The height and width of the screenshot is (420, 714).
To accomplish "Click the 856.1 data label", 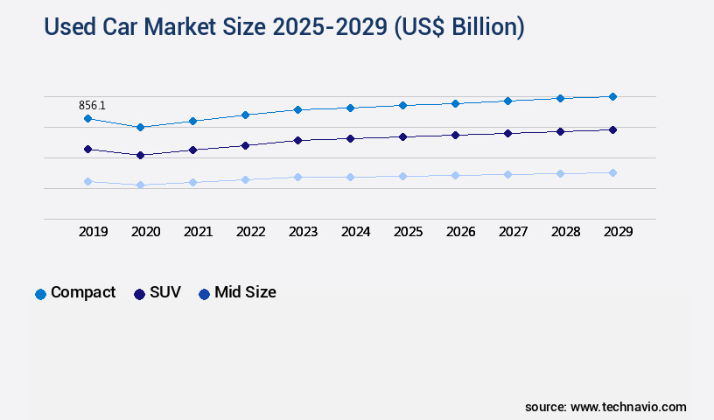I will [x=92, y=105].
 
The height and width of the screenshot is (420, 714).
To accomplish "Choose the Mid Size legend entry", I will [x=237, y=293].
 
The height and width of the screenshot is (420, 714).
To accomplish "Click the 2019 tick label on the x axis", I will [x=93, y=232].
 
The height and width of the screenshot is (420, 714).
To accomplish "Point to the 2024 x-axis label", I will [x=355, y=232].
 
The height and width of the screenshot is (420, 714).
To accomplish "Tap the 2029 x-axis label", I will [x=618, y=232].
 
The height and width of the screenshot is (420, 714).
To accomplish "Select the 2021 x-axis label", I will [x=198, y=232].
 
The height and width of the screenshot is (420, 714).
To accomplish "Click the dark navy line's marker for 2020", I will [x=140, y=155].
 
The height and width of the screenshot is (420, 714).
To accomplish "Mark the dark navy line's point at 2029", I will [x=612, y=129].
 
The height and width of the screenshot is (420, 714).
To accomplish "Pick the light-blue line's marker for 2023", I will [x=297, y=177].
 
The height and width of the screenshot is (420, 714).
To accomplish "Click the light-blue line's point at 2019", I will [x=87, y=181].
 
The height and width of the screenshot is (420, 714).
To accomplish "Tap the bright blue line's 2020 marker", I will [x=140, y=127].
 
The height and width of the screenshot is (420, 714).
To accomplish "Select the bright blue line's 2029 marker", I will [x=612, y=96].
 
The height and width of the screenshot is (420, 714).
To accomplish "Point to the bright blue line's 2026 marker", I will [x=455, y=103].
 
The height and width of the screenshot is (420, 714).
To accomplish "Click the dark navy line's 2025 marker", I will [x=402, y=136].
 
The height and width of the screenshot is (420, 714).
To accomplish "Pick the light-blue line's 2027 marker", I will [x=507, y=174].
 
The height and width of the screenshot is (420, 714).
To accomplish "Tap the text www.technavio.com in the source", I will [x=628, y=407].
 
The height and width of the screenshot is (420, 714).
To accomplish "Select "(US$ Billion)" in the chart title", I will [x=458, y=27].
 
